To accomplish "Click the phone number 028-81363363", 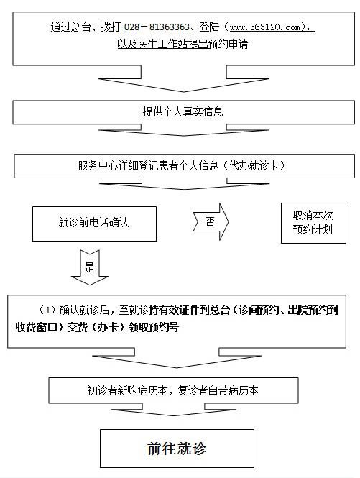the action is pos(157,27).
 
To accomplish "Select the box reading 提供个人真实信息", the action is pos(183,112).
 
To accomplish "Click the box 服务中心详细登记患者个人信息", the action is pos(184,166).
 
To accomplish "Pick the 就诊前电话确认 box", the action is pos(95,224).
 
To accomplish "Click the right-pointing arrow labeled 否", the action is pos(211,221).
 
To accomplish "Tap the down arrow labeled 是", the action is pos(90,267).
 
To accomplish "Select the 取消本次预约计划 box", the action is pos(313,223).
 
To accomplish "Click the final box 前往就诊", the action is pos(177,449).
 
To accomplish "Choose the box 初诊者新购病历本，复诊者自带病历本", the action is pos(173,390).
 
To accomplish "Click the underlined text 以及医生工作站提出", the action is pos(162,44).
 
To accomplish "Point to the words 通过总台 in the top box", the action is pos(70,27).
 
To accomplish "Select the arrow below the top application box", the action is pos(183,78).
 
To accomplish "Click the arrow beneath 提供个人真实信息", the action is pos(183,130).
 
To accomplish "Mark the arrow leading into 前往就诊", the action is pos(173,410).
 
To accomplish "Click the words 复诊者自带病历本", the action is pos(218,390).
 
